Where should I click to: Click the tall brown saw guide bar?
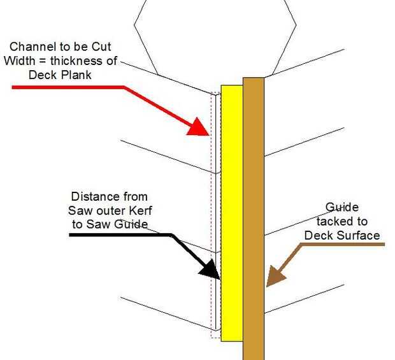click(253, 217)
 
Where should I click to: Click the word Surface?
click(359, 235)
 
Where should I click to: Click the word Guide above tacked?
click(342, 208)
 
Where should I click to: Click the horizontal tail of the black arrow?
click(121, 235)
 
